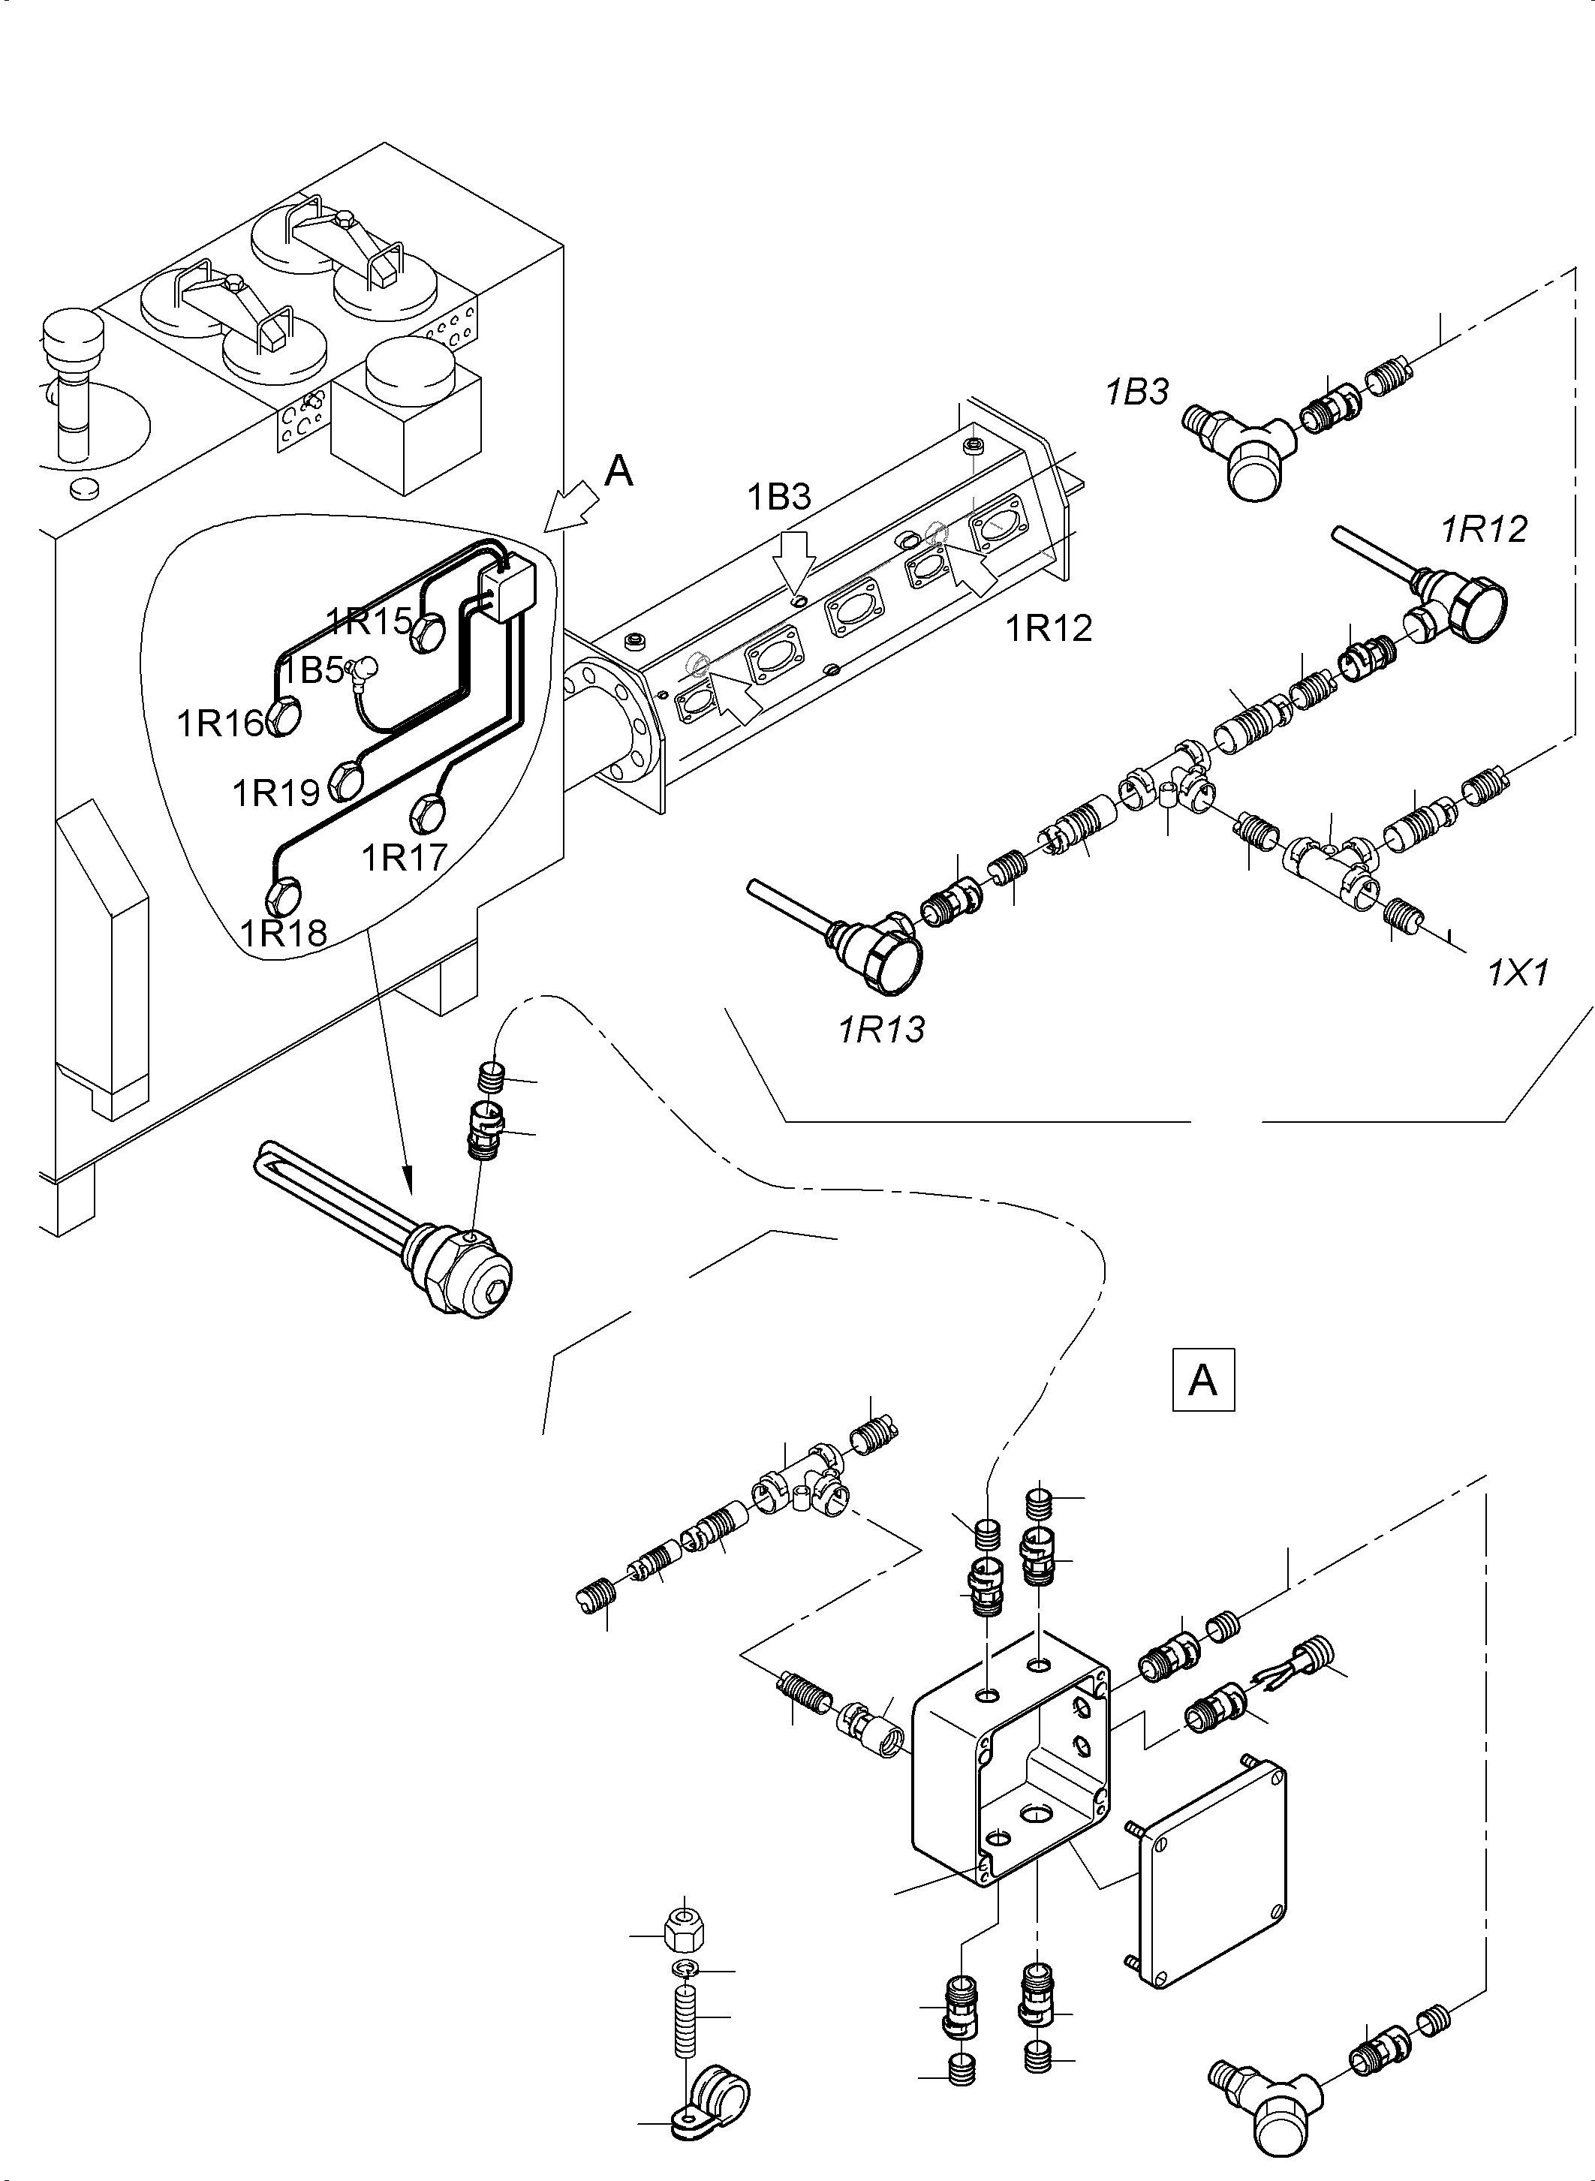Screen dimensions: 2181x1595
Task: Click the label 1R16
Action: (219, 723)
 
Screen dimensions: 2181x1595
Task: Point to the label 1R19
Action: (275, 793)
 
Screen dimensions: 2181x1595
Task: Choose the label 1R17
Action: (404, 856)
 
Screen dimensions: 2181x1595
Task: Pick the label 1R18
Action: (283, 933)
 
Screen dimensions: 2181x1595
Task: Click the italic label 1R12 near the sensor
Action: (1484, 529)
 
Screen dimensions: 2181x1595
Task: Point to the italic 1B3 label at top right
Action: (1136, 391)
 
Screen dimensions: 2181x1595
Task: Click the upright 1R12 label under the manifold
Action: (1049, 628)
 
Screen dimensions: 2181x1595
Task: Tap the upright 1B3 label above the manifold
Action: (779, 496)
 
